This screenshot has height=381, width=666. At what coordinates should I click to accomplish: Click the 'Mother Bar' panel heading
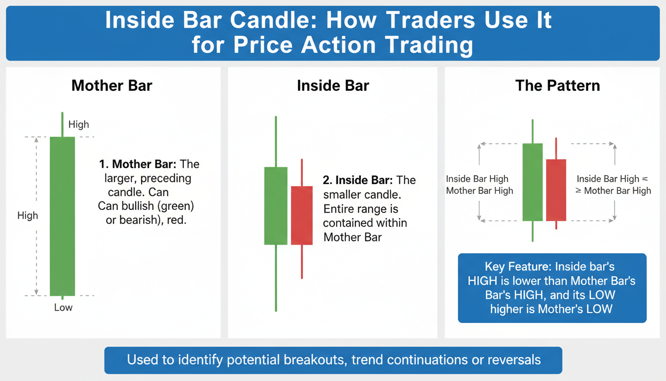tap(112, 86)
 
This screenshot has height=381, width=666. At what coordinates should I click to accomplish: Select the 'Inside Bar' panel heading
tap(333, 86)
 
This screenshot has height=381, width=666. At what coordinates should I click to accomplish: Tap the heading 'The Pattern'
tap(557, 86)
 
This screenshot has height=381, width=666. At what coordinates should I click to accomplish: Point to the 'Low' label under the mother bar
tap(63, 308)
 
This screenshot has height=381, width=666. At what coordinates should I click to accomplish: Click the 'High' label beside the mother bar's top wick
tap(78, 124)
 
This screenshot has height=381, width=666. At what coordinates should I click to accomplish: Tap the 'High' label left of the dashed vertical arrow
tap(28, 215)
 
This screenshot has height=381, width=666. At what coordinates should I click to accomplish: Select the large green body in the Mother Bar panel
tap(62, 216)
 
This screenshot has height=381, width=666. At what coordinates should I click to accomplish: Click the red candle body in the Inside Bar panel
tap(302, 215)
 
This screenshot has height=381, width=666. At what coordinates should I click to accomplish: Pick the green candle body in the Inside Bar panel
tap(276, 206)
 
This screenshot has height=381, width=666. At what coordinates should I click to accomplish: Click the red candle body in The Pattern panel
tap(556, 190)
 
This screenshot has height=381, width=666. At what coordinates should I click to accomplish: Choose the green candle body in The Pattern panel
tap(533, 182)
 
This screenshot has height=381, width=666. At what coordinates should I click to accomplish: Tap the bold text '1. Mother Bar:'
tap(138, 164)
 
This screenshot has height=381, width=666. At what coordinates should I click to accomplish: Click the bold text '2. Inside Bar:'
tap(358, 180)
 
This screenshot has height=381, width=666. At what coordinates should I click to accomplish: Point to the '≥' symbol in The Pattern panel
tap(578, 190)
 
